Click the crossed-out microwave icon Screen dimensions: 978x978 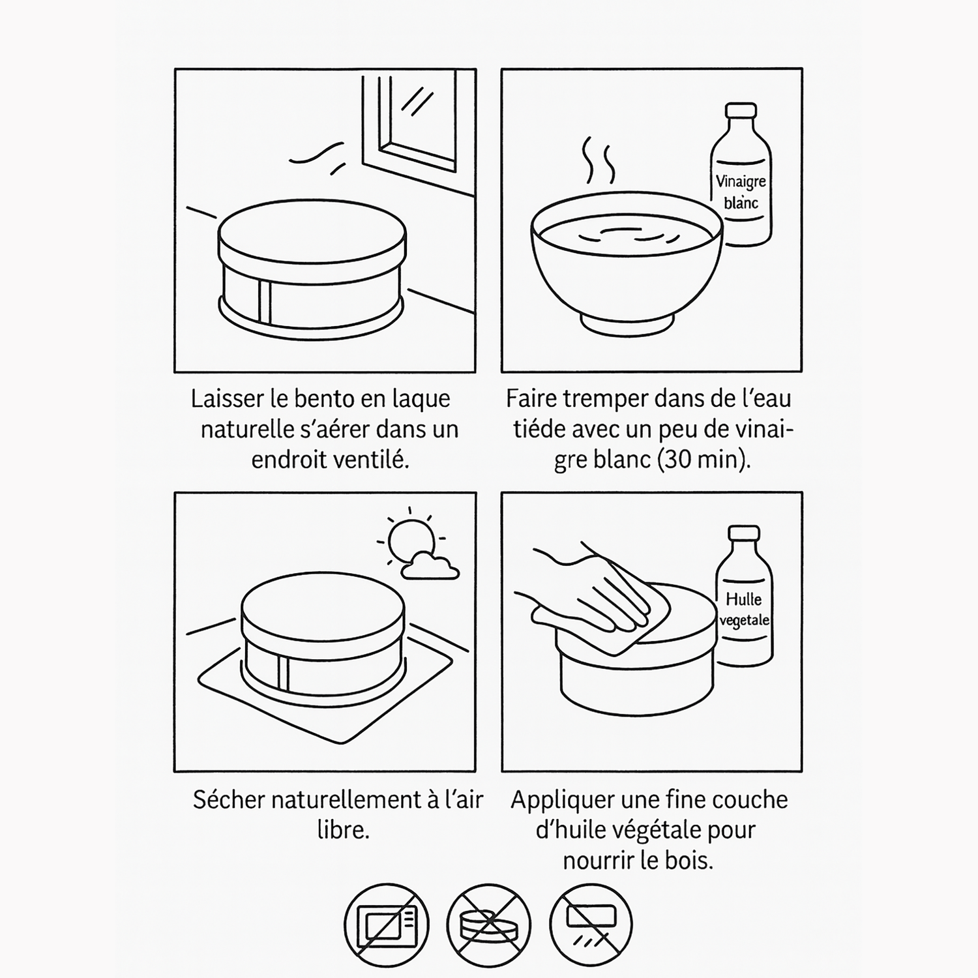pyautogui.click(x=387, y=925)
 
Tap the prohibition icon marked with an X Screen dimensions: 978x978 pyautogui.click(x=489, y=925)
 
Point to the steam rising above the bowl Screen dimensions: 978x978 pyautogui.click(x=599, y=160)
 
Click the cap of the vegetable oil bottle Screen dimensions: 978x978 pyautogui.click(x=744, y=533)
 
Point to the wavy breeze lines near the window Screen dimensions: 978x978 pyautogui.click(x=318, y=156)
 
